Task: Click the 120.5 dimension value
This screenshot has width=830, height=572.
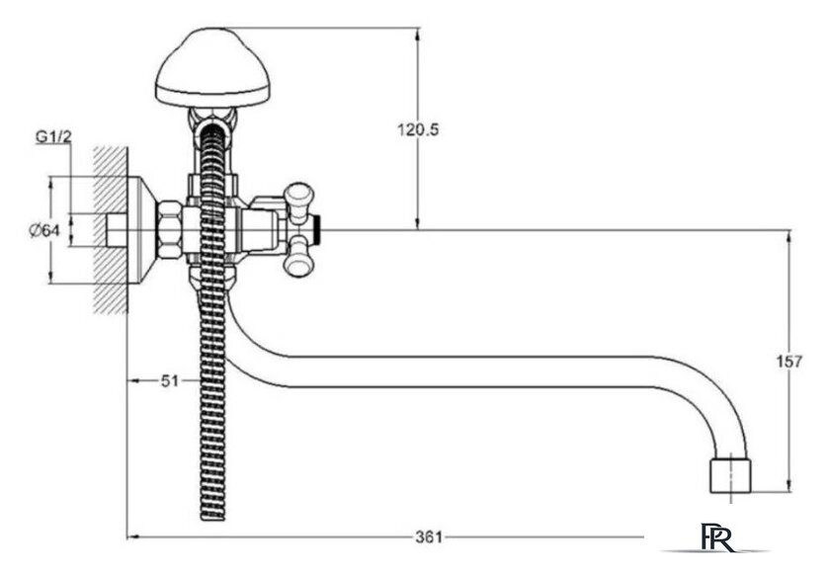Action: coord(418,129)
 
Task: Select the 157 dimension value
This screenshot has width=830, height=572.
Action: coord(789,362)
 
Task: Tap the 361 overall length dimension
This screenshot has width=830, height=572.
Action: coord(429,537)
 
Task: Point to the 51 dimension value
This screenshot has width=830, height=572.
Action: coord(170,381)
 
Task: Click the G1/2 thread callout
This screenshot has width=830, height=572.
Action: coord(53,137)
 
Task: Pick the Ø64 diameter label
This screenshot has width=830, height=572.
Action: coord(45,231)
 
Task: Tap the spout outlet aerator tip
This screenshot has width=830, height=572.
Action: coord(730,476)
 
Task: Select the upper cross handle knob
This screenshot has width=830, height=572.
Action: coord(299,195)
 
